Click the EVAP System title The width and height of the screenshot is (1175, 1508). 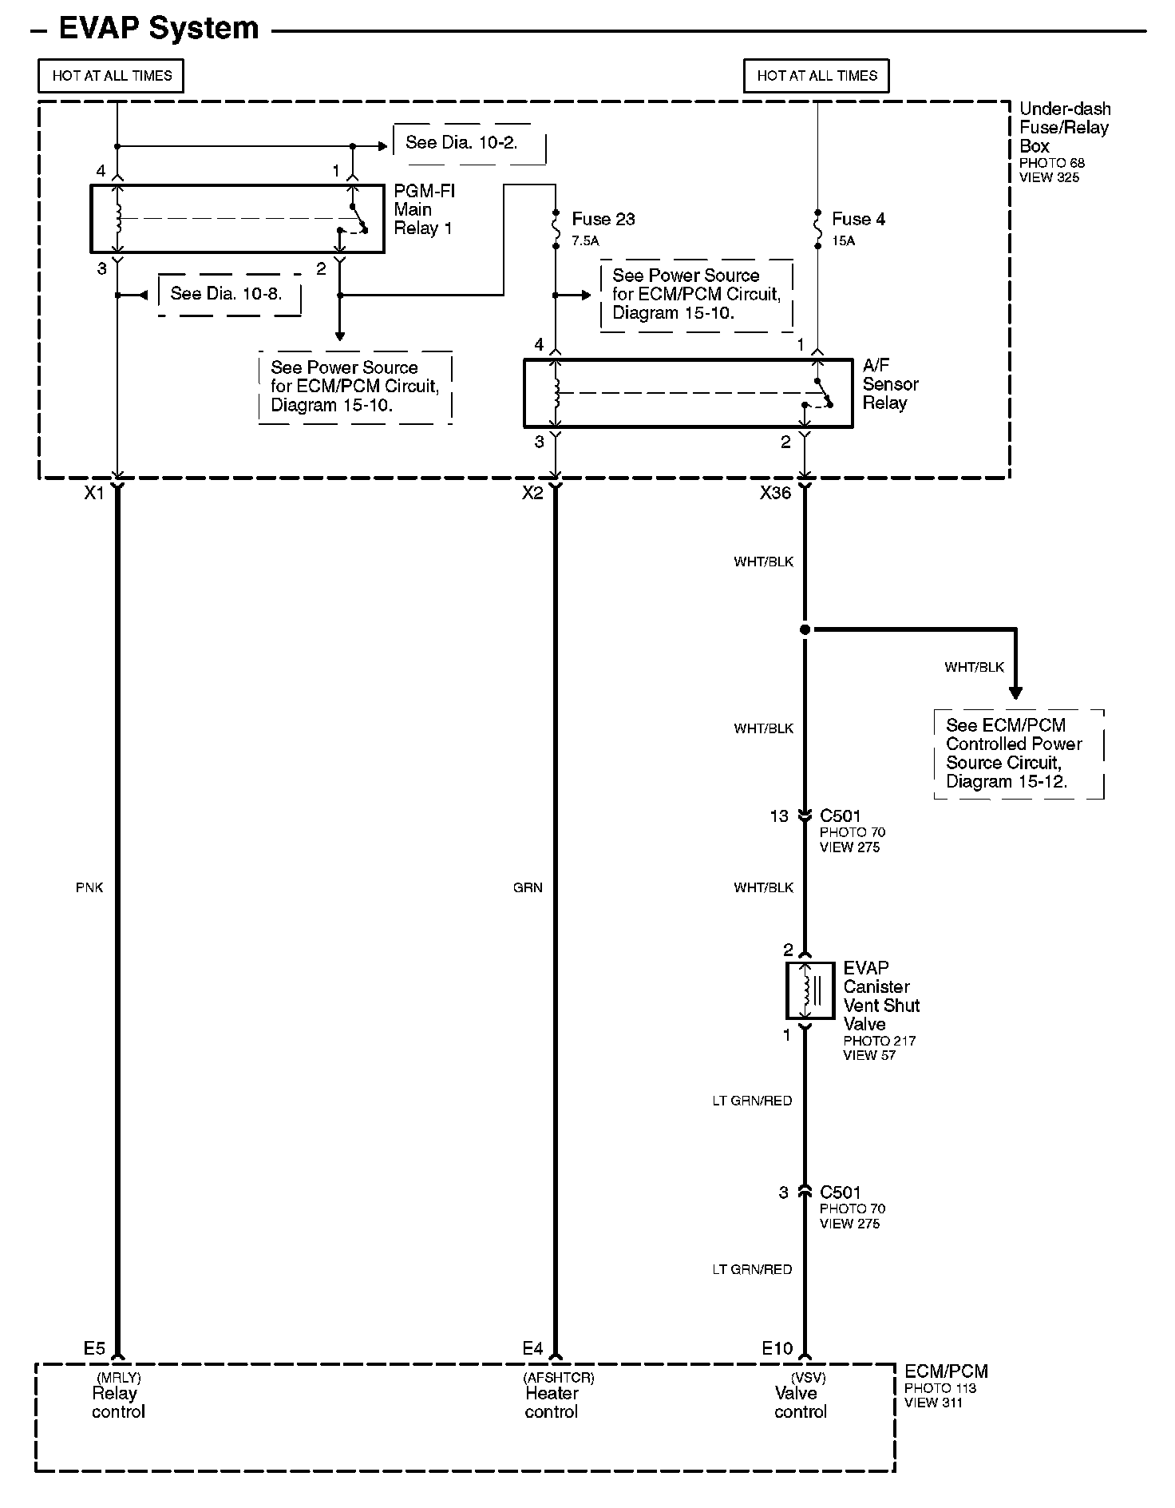click(x=159, y=29)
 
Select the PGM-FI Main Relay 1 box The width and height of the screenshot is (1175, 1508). click(x=237, y=219)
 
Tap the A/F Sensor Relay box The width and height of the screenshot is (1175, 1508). click(x=687, y=393)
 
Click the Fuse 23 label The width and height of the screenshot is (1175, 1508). click(x=603, y=219)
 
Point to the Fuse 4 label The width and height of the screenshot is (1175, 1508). click(x=858, y=219)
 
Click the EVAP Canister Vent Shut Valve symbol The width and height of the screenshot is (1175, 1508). click(x=805, y=990)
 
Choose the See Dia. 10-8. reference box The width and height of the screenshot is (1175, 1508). click(x=230, y=294)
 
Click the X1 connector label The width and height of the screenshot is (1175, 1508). click(x=94, y=494)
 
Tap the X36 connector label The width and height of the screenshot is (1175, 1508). click(x=775, y=494)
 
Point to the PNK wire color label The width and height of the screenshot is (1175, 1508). click(x=89, y=887)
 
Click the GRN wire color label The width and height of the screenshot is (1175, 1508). click(x=528, y=887)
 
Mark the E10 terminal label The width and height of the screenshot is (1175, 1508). click(x=777, y=1349)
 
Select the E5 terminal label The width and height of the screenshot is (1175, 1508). click(x=94, y=1349)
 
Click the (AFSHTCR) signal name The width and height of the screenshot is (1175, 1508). click(x=559, y=1378)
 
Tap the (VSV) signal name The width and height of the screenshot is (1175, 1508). click(x=808, y=1378)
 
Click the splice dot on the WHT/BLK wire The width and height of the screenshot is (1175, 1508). click(x=805, y=630)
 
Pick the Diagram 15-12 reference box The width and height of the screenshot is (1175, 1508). click(x=1019, y=753)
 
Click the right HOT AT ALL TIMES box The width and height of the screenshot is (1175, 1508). click(x=816, y=76)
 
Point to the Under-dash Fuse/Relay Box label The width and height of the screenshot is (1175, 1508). click(x=1064, y=128)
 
